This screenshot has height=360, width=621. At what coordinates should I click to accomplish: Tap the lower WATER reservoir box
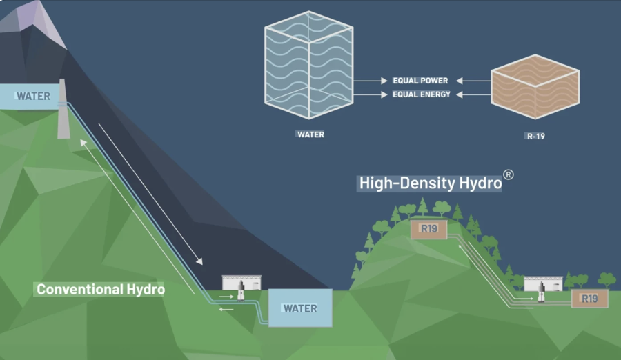[x=300, y=308]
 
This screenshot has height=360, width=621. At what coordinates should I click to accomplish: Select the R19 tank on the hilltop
[x=428, y=229]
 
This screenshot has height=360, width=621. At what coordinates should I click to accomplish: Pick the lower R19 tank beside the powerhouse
[x=589, y=299]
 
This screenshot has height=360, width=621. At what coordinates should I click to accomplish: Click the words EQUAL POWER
[x=420, y=81]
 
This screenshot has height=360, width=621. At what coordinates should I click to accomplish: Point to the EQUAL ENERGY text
[x=421, y=94]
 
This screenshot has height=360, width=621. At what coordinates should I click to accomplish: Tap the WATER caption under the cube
[x=310, y=134]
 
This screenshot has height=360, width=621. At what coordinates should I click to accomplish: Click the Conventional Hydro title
[x=101, y=290]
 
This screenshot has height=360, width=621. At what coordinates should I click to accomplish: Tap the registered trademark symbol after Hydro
[x=509, y=174]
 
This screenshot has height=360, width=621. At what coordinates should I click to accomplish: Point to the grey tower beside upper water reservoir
[x=63, y=110]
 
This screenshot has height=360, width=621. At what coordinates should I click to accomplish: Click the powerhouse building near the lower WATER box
[x=242, y=285]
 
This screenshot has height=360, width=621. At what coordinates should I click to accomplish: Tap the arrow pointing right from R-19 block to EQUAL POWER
[x=473, y=81]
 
